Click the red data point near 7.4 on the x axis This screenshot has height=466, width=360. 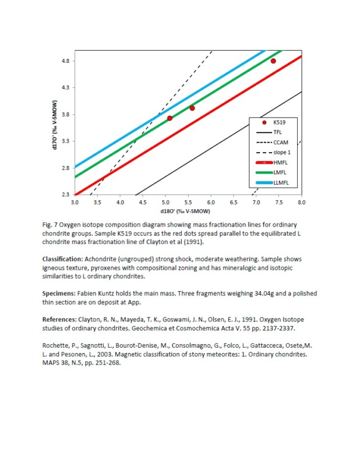[x=273, y=61]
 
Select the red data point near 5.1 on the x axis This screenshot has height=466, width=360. [x=170, y=118]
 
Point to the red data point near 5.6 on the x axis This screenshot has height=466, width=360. [x=192, y=108]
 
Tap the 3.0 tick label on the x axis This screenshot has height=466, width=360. [x=75, y=202]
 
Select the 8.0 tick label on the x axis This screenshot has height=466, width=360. [x=301, y=202]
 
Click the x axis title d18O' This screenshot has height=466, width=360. [x=188, y=210]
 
